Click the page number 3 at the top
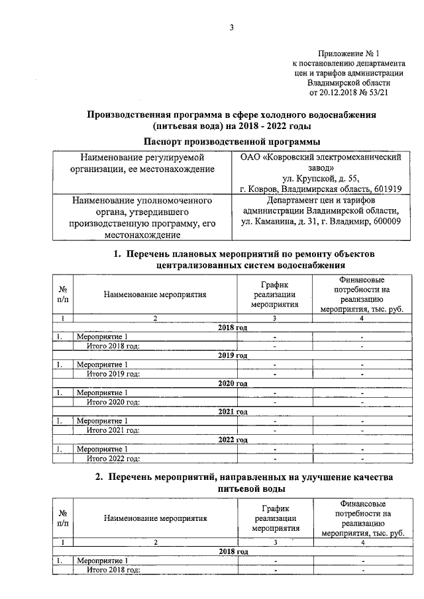click(x=232, y=26)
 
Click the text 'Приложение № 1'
click(x=349, y=52)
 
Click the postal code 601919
click(x=386, y=188)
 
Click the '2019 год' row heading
click(x=233, y=355)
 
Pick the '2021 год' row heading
click(x=233, y=411)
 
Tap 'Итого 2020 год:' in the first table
click(x=113, y=402)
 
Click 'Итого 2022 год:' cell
click(x=113, y=458)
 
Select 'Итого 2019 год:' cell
click(x=113, y=374)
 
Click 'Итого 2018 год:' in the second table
click(x=113, y=570)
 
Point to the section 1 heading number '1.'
click(x=117, y=254)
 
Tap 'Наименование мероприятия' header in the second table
click(x=155, y=518)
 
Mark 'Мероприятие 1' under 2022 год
click(x=102, y=449)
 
